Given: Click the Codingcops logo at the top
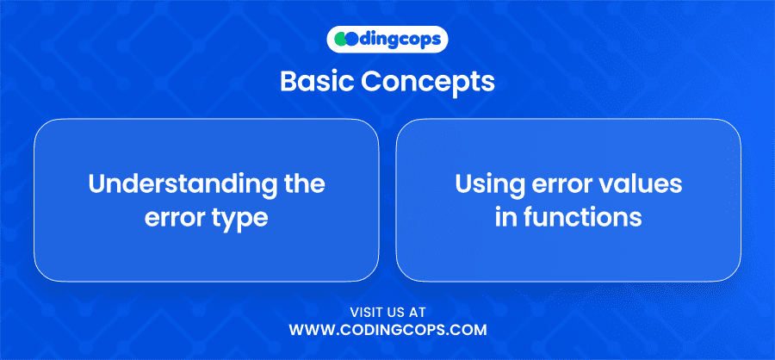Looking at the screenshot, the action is click(x=387, y=40).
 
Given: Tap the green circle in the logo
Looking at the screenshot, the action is click(x=340, y=40).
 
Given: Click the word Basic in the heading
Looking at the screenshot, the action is click(x=317, y=82).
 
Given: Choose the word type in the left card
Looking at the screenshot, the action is click(x=242, y=220).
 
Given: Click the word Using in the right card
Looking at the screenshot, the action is click(x=487, y=185).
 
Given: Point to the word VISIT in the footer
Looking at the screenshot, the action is click(x=367, y=313).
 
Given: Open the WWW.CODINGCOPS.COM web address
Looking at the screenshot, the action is click(x=387, y=330).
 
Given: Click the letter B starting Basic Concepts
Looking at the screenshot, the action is click(x=288, y=82).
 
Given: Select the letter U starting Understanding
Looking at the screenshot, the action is click(x=98, y=184).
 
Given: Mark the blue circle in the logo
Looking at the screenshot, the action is click(x=351, y=40).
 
